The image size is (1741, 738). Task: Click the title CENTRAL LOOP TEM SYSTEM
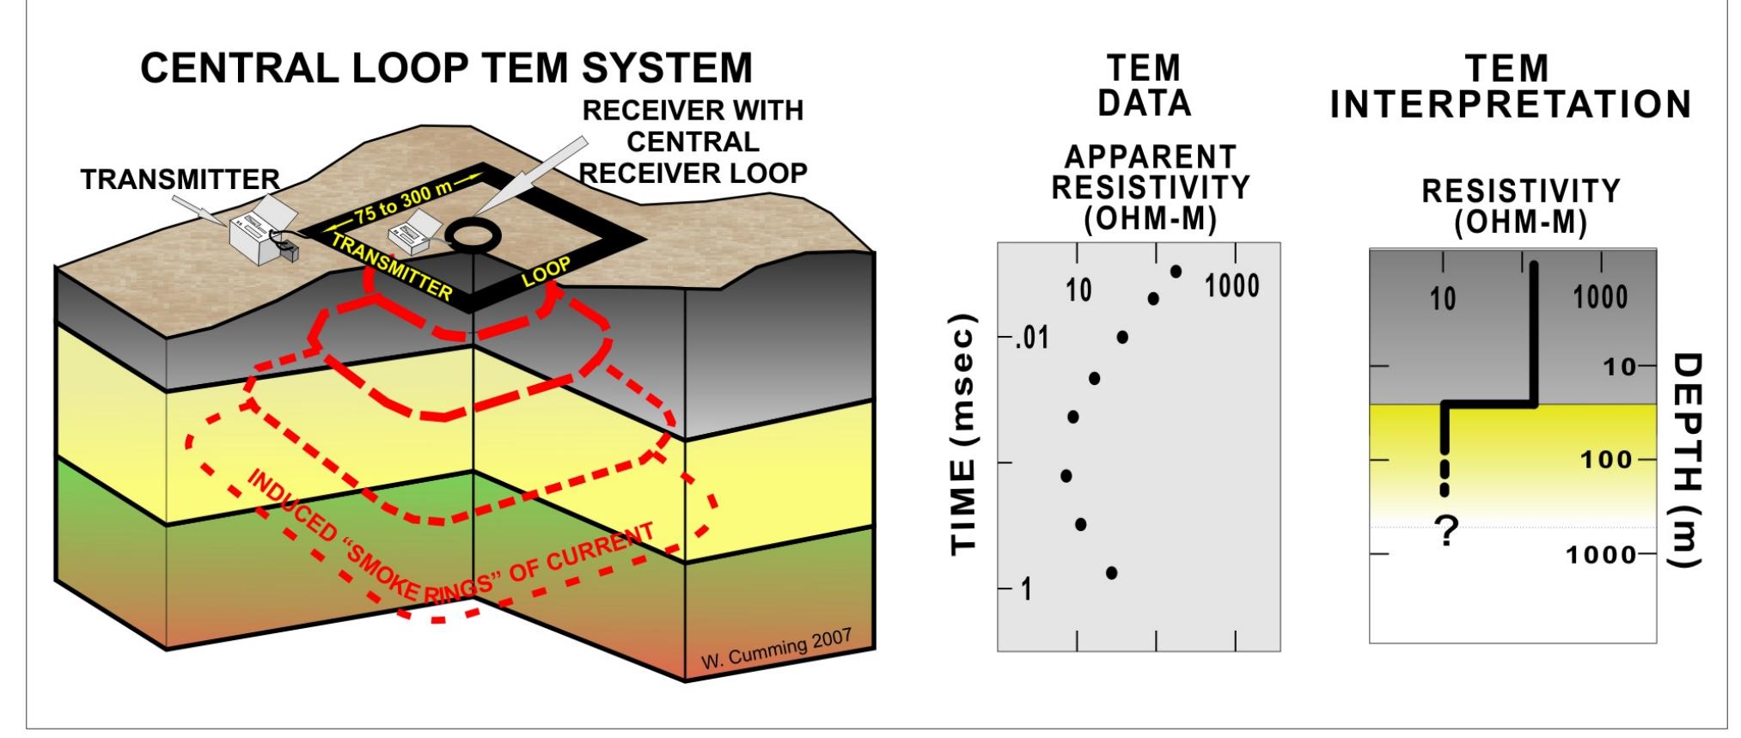446,69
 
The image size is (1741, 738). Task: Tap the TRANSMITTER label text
180,180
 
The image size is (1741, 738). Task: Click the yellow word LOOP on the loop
547,271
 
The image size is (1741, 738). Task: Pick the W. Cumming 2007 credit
776,648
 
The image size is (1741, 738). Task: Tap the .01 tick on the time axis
1031,339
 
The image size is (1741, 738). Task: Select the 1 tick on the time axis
1026,589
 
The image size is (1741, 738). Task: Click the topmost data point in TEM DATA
1176,271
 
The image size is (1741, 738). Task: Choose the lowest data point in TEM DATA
1111,572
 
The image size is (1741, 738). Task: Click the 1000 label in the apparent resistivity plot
1232,286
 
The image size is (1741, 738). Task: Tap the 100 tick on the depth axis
1605,460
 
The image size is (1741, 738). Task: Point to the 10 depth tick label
1619,367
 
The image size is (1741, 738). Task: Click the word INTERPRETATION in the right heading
1511,105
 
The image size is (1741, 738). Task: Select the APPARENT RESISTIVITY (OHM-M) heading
1151,188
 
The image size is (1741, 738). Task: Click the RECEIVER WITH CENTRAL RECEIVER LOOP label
693,142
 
